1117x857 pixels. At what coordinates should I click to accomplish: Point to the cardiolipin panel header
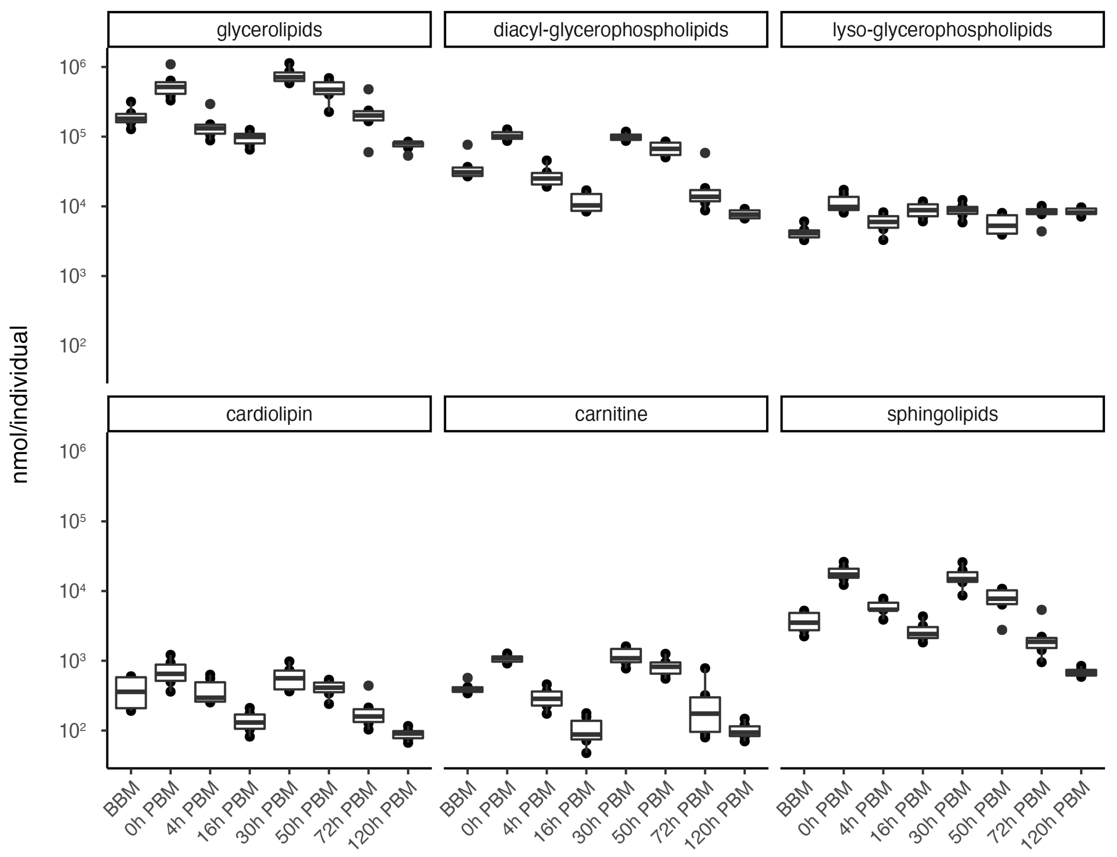269,414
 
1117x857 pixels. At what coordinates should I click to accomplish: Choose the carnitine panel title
611,414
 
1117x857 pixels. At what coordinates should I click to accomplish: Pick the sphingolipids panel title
942,414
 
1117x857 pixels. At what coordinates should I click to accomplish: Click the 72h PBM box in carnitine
705,714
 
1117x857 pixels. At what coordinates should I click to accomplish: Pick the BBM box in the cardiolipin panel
131,692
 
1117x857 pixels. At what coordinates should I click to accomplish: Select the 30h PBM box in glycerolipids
289,77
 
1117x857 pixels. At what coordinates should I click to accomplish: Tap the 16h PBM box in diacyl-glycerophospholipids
586,202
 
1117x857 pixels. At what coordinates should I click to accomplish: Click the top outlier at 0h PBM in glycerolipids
171,64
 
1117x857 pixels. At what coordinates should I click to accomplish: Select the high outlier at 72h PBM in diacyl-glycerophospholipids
705,153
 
